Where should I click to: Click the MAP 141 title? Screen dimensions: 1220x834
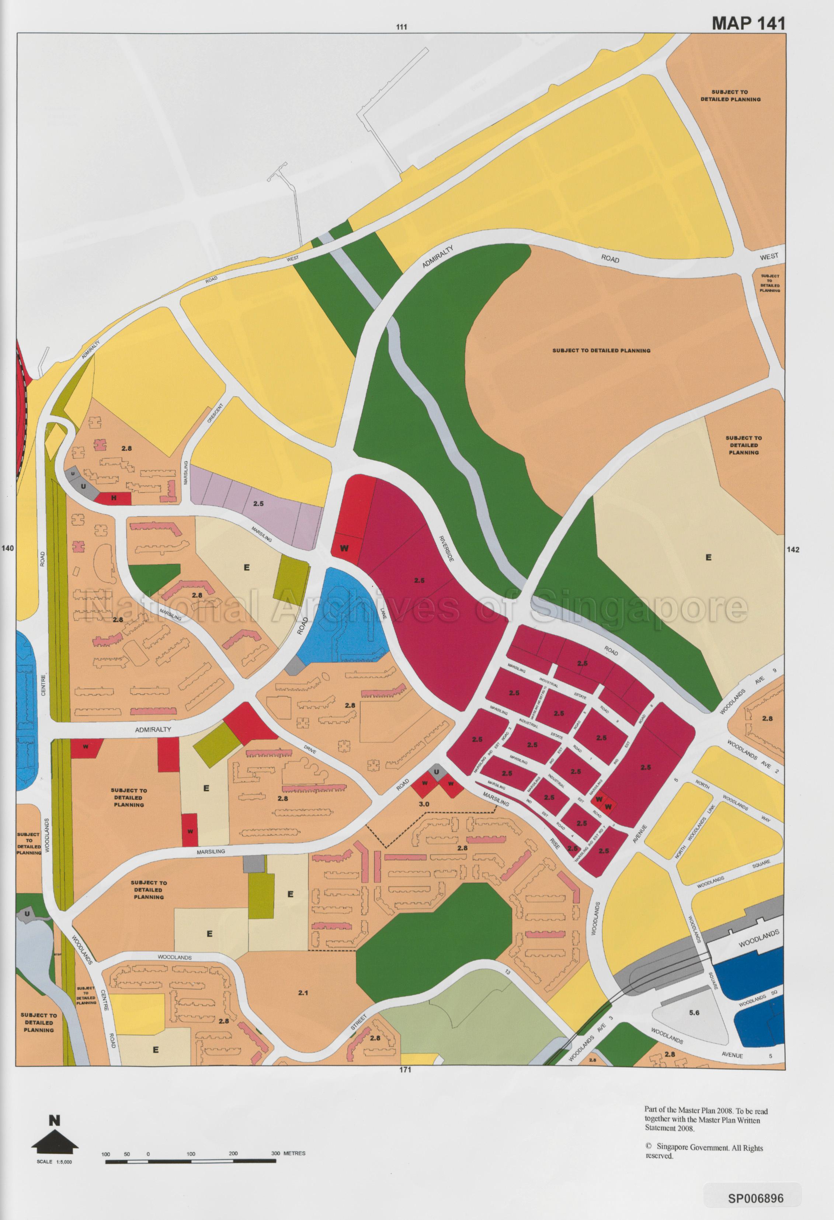[x=748, y=23]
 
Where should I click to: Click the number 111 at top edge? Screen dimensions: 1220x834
[x=402, y=27]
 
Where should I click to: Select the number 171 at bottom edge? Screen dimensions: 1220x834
[x=405, y=1070]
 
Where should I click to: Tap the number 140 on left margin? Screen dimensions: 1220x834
[x=8, y=548]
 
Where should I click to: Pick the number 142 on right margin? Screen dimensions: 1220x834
[x=793, y=550]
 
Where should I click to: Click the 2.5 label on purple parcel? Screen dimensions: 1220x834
[x=258, y=503]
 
